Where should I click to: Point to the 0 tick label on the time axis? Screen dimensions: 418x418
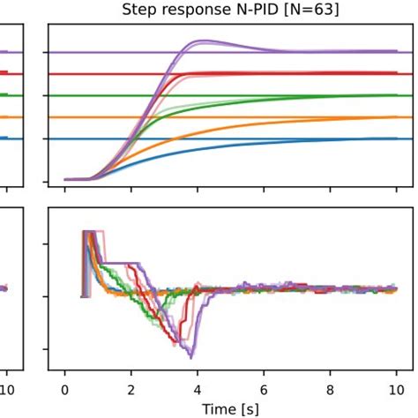point(64,387)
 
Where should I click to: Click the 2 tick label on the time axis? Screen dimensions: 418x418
point(131,387)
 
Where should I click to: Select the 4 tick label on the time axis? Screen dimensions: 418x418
point(198,387)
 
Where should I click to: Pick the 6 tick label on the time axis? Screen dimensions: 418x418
point(264,387)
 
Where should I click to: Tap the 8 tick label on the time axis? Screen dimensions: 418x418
point(330,387)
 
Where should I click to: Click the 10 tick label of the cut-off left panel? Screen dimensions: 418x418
point(8,387)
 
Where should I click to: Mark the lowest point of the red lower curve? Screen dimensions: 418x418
point(183,343)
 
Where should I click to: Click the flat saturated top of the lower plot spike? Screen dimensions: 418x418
point(89,232)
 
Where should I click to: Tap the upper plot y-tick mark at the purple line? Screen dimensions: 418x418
point(45,53)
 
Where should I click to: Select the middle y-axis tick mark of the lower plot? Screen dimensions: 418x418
point(45,296)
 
